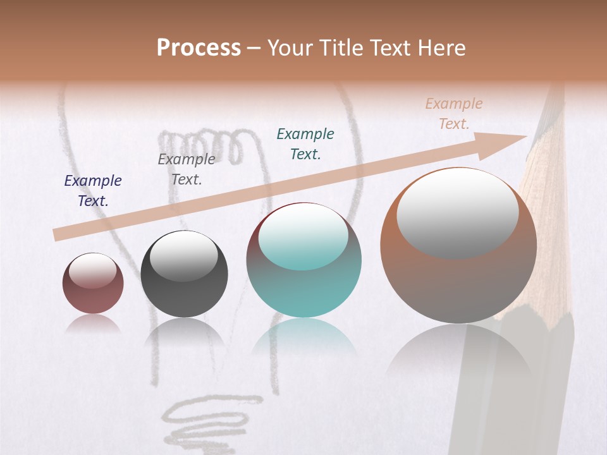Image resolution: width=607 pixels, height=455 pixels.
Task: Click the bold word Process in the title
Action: [199, 48]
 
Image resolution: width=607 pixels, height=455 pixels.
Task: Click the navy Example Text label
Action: [93, 191]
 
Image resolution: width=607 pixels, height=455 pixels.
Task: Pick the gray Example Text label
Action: [186, 169]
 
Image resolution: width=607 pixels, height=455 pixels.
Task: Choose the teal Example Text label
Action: [305, 143]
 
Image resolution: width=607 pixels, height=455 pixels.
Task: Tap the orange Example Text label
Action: [454, 114]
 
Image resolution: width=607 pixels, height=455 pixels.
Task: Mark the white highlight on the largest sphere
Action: [457, 212]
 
